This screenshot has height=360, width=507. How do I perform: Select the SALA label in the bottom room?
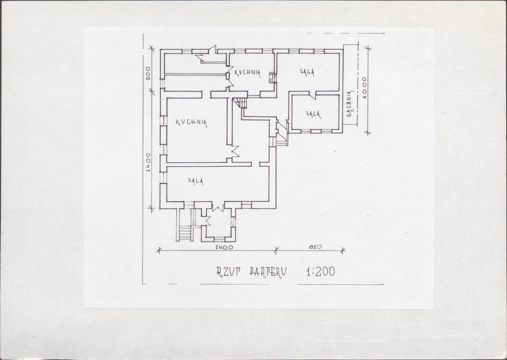[x=196, y=181]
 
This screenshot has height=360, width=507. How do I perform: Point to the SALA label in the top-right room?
[x=307, y=72]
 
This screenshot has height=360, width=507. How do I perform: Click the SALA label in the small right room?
[x=313, y=114]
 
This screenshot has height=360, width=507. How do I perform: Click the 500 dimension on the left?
[x=148, y=75]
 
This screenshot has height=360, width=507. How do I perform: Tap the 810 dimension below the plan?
[x=315, y=246]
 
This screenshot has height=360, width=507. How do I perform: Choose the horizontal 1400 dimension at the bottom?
[x=223, y=247]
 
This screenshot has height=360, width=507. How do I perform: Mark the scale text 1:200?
[x=320, y=272]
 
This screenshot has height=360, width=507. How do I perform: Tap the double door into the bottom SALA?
[x=218, y=207]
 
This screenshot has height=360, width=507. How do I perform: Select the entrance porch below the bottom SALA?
[x=218, y=225]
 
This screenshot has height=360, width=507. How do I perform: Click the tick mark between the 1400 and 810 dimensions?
[x=276, y=250]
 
